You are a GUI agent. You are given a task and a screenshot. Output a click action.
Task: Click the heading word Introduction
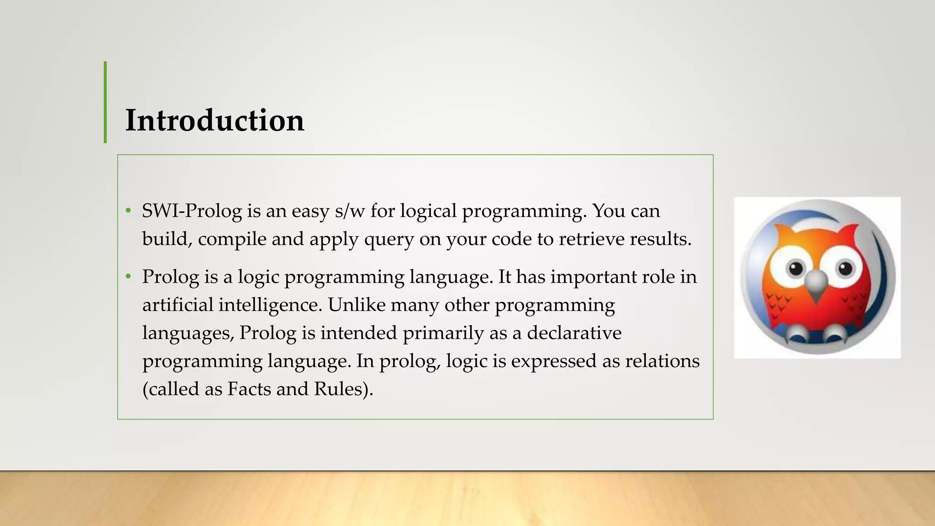tap(215, 121)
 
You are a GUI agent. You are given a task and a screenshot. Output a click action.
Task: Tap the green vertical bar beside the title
tap(105, 102)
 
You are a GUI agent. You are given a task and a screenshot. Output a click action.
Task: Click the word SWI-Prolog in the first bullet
tap(192, 211)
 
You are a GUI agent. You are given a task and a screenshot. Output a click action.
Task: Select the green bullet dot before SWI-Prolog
tap(128, 211)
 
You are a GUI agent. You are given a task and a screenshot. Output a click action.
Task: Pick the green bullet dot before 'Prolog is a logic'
tap(128, 277)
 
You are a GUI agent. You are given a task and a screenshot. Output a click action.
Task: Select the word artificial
tap(178, 305)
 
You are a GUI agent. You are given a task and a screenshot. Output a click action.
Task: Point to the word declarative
tap(574, 333)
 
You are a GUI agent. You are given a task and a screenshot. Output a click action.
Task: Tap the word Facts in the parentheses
tap(249, 389)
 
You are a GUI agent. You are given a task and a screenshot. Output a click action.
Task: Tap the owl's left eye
tap(795, 268)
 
